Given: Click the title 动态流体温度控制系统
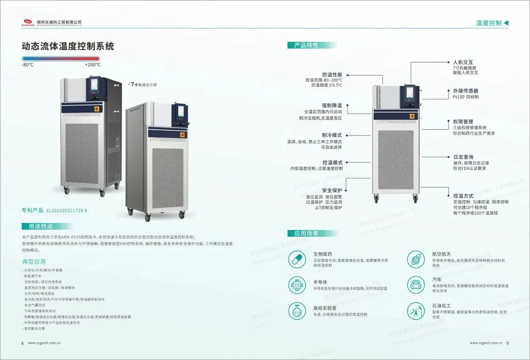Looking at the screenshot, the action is pyautogui.click(x=68, y=47).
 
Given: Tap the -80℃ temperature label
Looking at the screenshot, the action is pyautogui.click(x=27, y=65).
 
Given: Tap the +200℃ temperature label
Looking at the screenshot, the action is pyautogui.click(x=92, y=65).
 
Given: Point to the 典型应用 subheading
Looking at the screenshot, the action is pyautogui.click(x=34, y=261).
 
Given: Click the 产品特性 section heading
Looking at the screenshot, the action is pyautogui.click(x=306, y=45).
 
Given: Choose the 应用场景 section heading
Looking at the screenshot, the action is pyautogui.click(x=307, y=233).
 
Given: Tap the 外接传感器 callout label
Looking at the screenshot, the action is pyautogui.click(x=465, y=91).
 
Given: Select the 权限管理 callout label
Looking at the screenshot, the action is pyautogui.click(x=463, y=121).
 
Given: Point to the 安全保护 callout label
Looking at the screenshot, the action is pyautogui.click(x=332, y=190).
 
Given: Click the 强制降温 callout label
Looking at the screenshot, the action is pyautogui.click(x=332, y=105).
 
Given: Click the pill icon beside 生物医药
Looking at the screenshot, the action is pyautogui.click(x=296, y=259).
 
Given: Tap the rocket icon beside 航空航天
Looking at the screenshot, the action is pyautogui.click(x=415, y=259).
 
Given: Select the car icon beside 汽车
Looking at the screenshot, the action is pyautogui.click(x=415, y=284).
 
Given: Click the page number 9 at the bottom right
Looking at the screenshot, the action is pyautogui.click(x=507, y=343).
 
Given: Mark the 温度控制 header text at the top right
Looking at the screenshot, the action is pyautogui.click(x=488, y=23).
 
